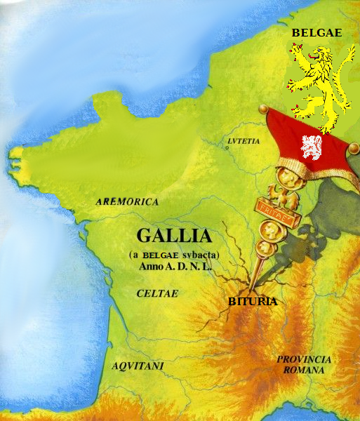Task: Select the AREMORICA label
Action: (x=127, y=201)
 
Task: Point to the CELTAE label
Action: (x=157, y=293)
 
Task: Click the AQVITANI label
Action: (x=138, y=366)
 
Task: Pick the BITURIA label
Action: (x=253, y=302)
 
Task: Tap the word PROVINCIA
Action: (x=302, y=359)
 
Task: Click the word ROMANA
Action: (x=302, y=369)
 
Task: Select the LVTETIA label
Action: (x=244, y=141)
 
